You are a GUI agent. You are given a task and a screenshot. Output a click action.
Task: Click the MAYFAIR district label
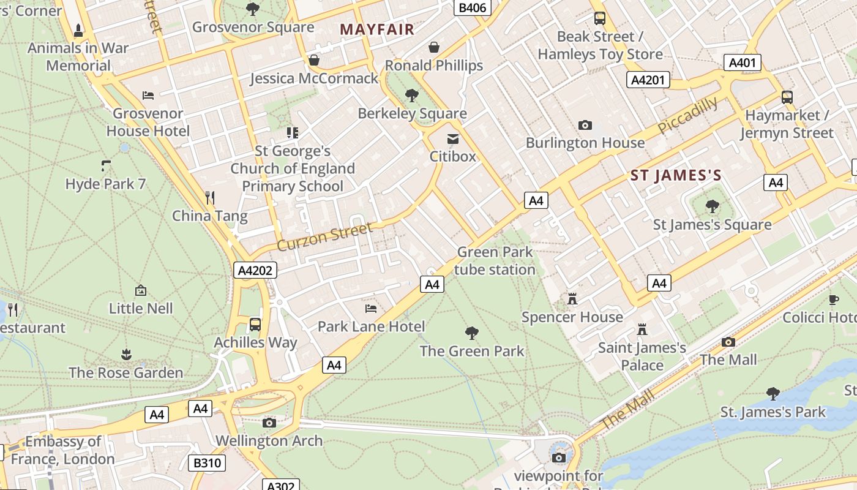377,29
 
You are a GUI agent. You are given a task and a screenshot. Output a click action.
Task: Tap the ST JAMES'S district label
676,176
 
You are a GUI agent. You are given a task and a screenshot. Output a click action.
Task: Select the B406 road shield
472,7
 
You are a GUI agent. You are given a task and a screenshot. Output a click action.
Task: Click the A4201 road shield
649,80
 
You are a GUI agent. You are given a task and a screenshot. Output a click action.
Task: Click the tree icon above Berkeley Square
412,95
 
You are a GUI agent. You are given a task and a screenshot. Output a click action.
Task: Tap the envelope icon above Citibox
453,139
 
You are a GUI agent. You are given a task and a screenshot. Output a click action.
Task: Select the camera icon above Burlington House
585,125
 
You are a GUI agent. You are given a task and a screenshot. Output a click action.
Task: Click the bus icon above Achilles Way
255,324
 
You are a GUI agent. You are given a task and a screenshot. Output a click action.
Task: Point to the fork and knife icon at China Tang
210,197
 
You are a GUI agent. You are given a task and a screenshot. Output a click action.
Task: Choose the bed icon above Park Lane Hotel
371,308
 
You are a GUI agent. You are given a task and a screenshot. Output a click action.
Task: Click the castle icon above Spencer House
572,299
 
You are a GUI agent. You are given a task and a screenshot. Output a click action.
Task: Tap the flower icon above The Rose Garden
126,355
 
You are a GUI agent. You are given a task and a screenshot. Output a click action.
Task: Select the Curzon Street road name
324,237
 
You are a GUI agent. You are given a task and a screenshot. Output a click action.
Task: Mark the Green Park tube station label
495,260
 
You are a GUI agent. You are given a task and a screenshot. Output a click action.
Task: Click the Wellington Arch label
269,440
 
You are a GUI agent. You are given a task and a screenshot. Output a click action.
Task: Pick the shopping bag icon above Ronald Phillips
434,47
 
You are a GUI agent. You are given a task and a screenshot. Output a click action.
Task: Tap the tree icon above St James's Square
712,206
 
